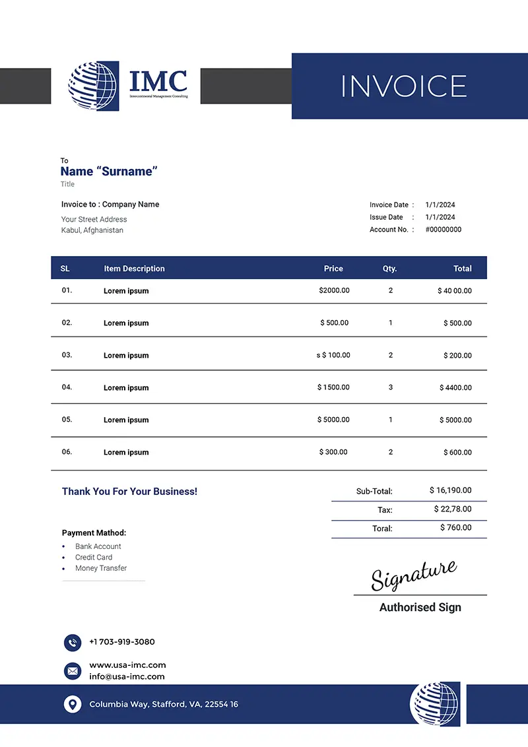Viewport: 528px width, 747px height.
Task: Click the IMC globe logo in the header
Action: click(93, 86)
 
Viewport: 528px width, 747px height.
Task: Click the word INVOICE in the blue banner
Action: click(403, 86)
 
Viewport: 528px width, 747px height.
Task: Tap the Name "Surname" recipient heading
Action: click(109, 172)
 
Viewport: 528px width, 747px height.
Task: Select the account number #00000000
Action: click(443, 230)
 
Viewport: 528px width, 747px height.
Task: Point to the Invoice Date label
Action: click(389, 205)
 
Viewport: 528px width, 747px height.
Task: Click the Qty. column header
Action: click(390, 269)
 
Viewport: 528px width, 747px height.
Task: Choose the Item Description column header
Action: click(134, 269)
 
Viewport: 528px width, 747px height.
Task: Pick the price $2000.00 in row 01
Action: click(334, 290)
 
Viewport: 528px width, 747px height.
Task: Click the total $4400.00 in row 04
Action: click(455, 388)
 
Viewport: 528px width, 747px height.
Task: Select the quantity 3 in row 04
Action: click(391, 387)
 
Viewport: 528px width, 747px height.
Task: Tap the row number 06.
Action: click(67, 452)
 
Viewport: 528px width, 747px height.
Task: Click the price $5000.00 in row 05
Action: click(333, 420)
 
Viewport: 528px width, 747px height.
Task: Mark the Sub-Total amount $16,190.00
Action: click(450, 490)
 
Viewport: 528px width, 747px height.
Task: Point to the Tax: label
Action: click(385, 510)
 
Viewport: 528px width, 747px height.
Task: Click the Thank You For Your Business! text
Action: click(129, 492)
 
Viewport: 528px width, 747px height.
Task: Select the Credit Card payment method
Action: click(94, 558)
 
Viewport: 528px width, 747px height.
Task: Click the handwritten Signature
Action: click(413, 575)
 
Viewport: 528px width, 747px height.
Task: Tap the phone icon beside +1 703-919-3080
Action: click(73, 642)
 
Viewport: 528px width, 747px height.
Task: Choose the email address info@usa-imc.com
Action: click(127, 676)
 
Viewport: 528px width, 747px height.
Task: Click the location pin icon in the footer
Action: click(73, 704)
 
